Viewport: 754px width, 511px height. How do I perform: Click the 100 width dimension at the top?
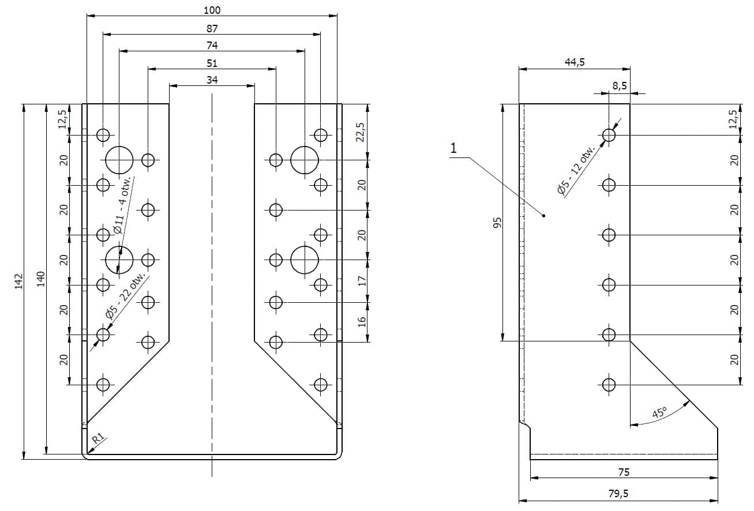pos(212,10)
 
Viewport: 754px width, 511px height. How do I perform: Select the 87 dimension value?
pos(212,29)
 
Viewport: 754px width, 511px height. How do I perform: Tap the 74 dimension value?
pos(212,46)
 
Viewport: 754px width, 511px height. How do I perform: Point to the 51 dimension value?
pos(212,63)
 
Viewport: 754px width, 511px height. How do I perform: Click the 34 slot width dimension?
pos(212,80)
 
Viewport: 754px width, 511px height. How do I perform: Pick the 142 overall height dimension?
pos(18,281)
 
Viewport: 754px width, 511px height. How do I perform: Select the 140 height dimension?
pos(41,279)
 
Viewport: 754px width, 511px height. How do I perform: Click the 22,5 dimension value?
pos(360,132)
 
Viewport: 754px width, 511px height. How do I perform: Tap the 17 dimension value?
pos(362,281)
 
